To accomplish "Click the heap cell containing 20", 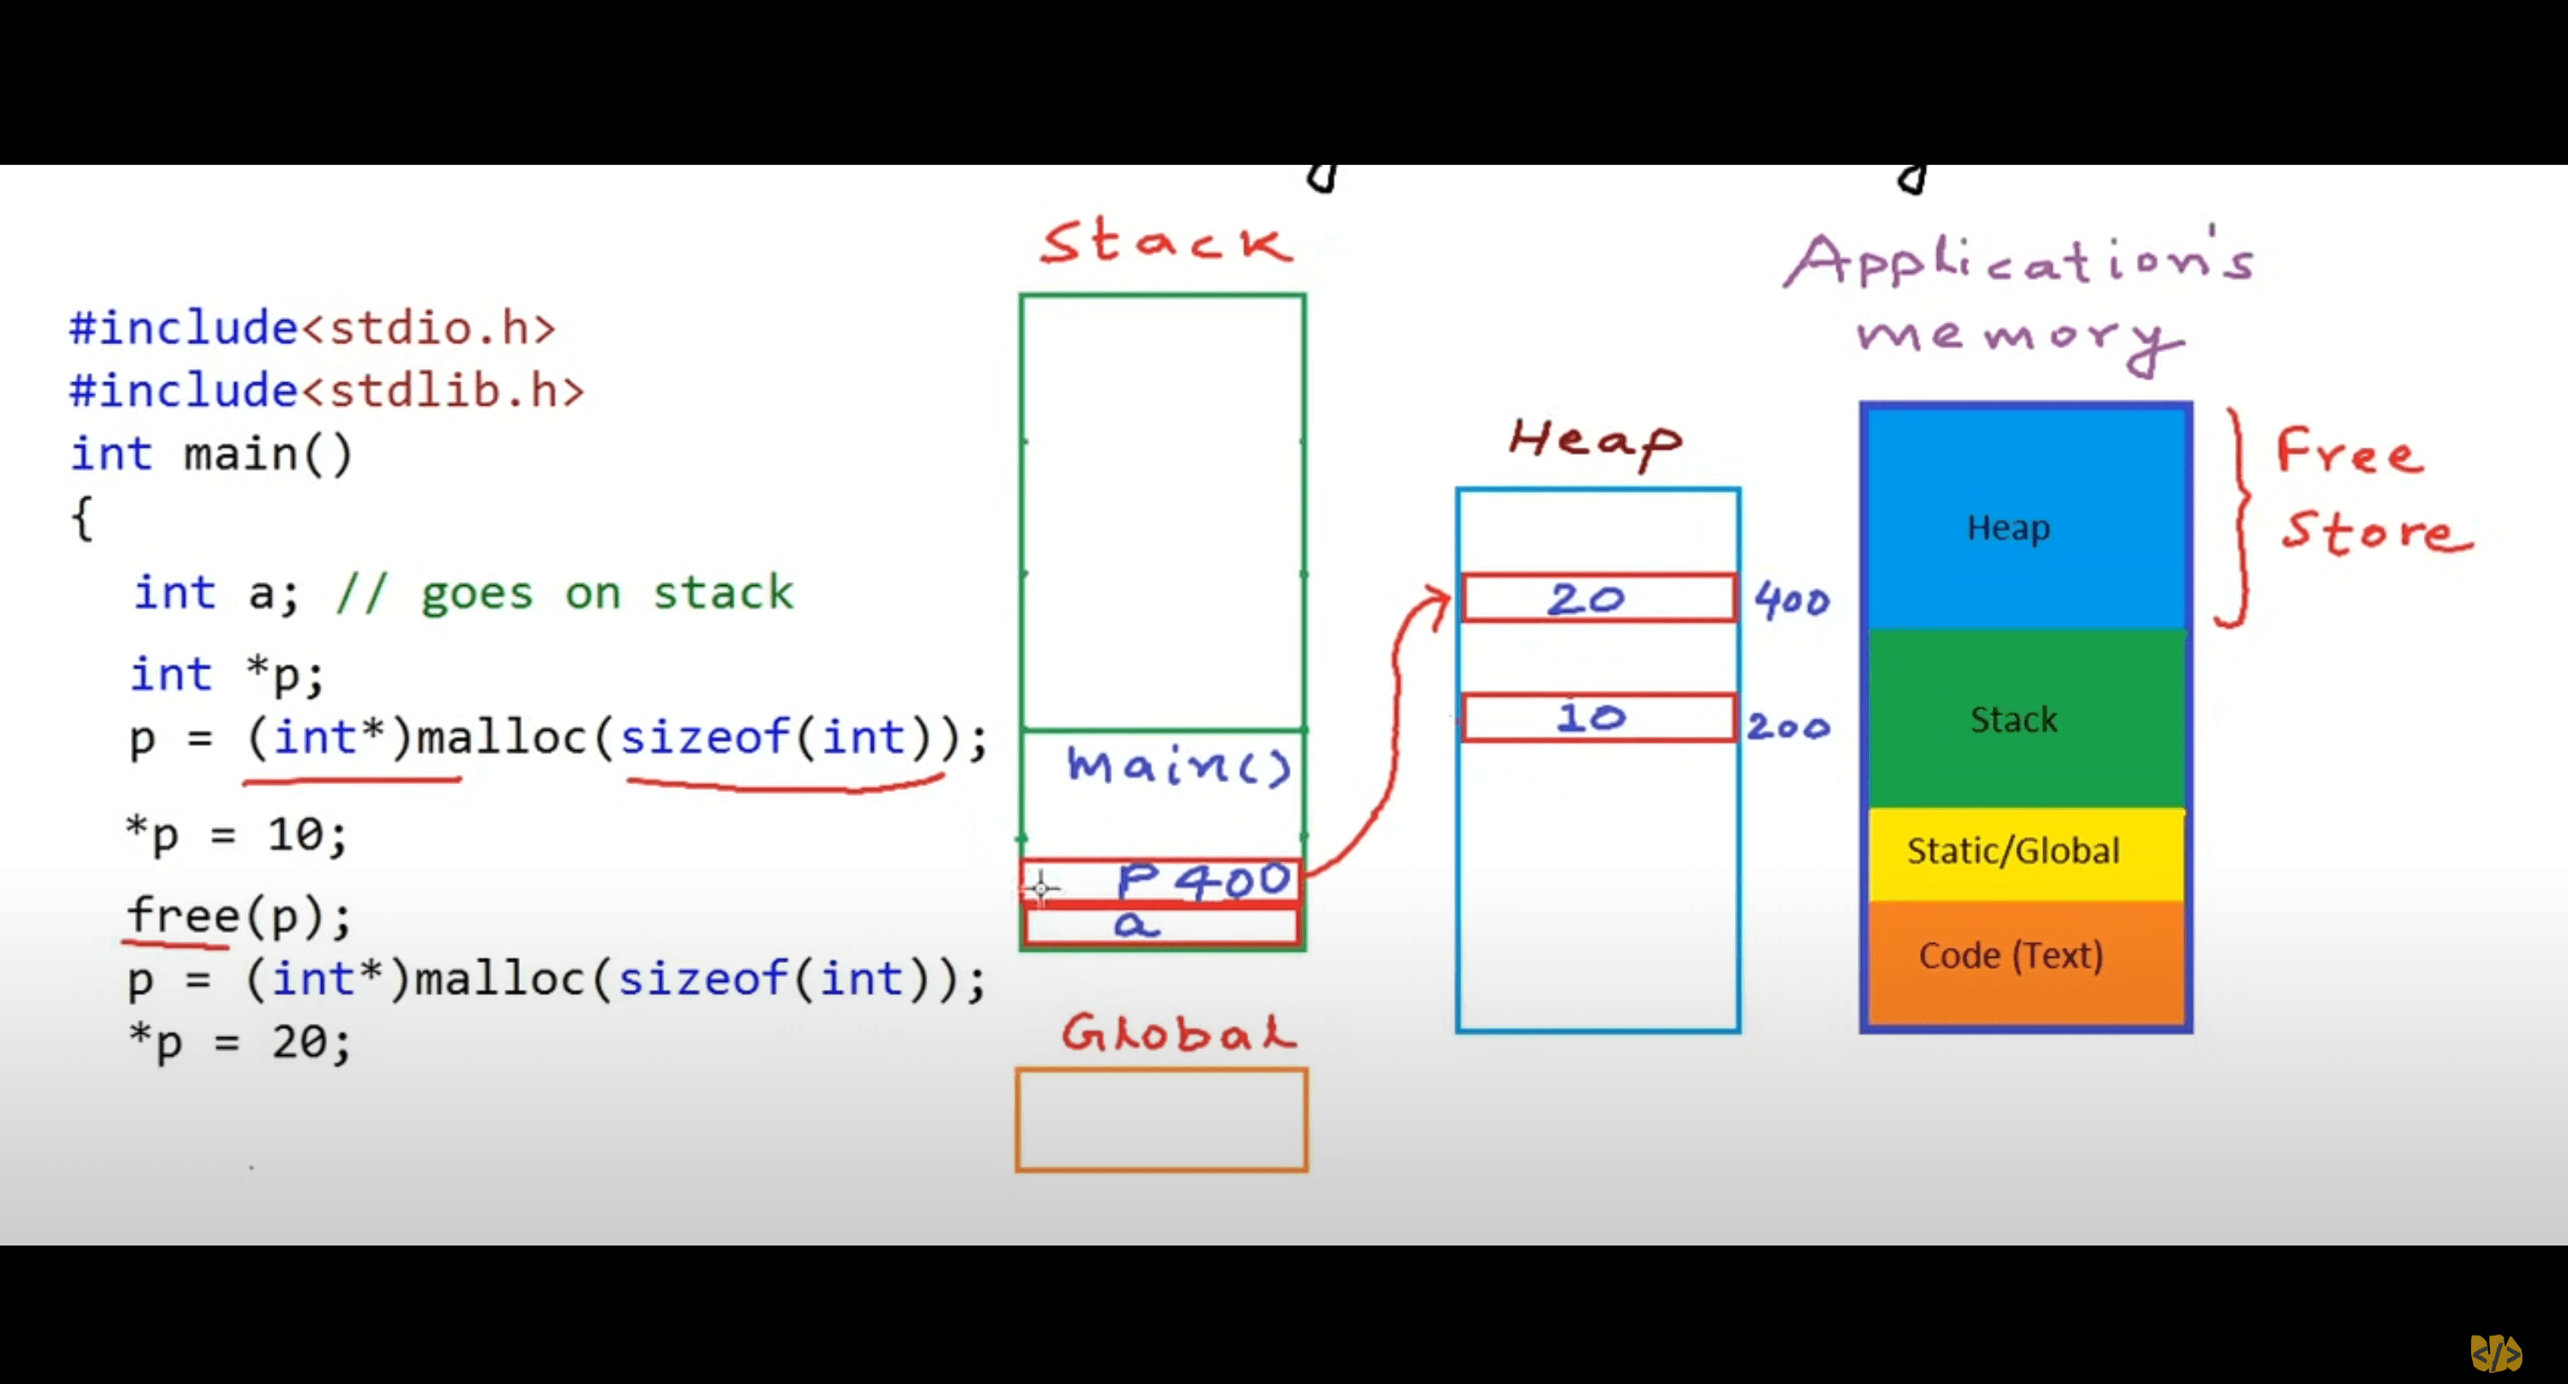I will (x=1597, y=598).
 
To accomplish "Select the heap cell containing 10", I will (x=1597, y=717).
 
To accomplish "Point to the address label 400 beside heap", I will (x=1792, y=602).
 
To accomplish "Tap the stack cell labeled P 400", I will (x=1163, y=881).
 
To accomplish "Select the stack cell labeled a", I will (x=1163, y=926).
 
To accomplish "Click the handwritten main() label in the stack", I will (x=1179, y=765).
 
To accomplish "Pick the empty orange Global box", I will (x=1162, y=1120).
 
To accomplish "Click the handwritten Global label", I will (x=1179, y=1033).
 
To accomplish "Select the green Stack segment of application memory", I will (x=2025, y=719).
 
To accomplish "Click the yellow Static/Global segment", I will (x=2025, y=851).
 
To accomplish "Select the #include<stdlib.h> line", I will (x=326, y=390).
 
